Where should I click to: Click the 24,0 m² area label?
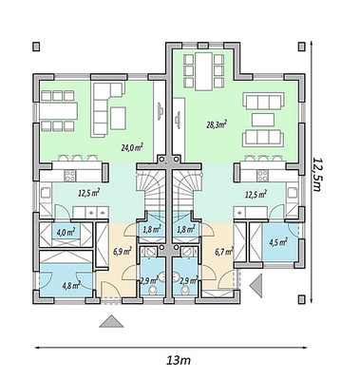tap(132, 147)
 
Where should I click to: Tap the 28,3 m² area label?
tap(217, 124)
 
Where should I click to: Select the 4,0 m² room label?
tap(66, 233)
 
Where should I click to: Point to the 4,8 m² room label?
tap(71, 285)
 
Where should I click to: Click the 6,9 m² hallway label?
tap(123, 252)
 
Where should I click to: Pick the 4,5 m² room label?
tap(278, 242)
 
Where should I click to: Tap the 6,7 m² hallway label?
tap(224, 252)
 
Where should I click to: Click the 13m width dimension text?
tap(179, 360)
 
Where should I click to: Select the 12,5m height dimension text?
tap(316, 174)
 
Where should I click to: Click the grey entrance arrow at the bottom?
tap(111, 321)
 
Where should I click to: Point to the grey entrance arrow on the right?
tap(256, 286)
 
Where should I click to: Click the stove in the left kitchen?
tap(70, 176)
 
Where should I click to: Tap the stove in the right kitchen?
tap(262, 176)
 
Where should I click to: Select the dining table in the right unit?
tap(203, 71)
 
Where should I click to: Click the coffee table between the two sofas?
tap(263, 120)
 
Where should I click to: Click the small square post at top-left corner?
tap(36, 47)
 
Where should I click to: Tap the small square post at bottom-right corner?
tap(302, 299)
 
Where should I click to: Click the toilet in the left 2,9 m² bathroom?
tap(153, 290)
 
